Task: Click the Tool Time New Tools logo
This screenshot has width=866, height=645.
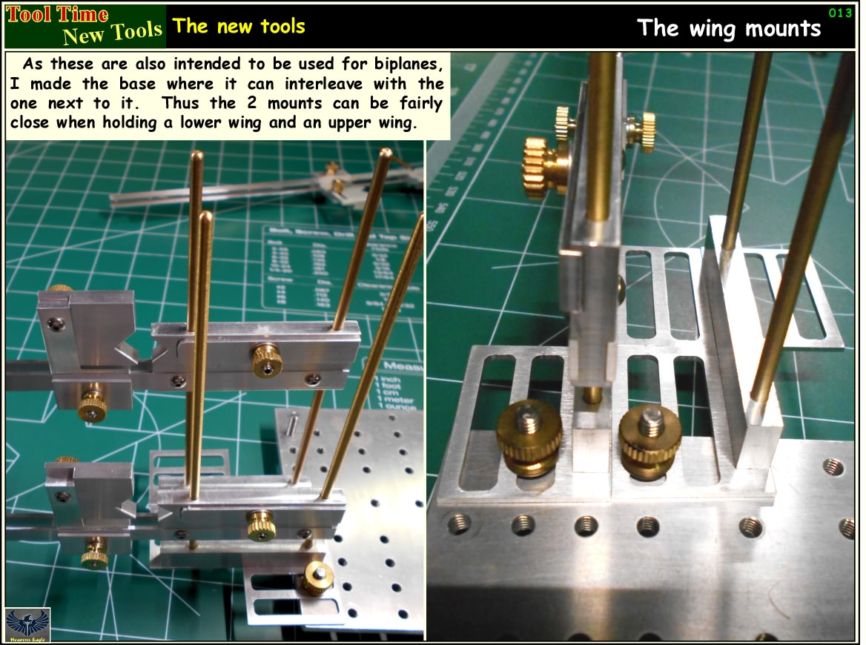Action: (x=85, y=25)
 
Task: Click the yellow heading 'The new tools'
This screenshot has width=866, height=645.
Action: (x=238, y=26)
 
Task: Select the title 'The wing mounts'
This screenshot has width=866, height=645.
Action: (x=729, y=28)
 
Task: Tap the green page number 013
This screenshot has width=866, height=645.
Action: (x=839, y=12)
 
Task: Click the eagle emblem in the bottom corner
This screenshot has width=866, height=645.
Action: (x=27, y=625)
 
